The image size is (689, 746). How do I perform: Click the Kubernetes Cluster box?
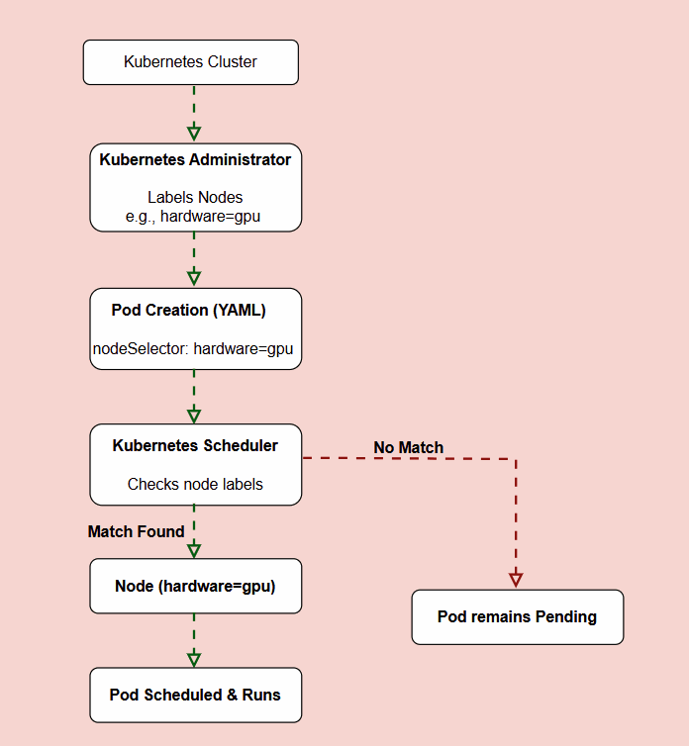point(191,62)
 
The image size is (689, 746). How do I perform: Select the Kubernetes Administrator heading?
point(195,160)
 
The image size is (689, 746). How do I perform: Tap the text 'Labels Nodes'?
point(195,197)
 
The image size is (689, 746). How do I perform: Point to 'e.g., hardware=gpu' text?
point(193,217)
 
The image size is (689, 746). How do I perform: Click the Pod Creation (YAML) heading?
point(188,311)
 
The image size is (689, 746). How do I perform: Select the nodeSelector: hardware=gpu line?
point(193,348)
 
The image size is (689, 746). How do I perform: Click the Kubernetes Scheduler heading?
point(195,446)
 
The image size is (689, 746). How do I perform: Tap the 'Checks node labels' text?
point(195,485)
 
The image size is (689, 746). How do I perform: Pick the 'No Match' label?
point(408,447)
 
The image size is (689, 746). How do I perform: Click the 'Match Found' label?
point(137,531)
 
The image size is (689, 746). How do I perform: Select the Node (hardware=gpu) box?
point(196,586)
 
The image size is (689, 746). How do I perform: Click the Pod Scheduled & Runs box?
point(196,696)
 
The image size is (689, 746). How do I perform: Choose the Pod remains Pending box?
point(518,617)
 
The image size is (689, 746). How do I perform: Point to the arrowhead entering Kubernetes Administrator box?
point(194,134)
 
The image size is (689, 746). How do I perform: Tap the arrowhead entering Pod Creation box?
point(194,278)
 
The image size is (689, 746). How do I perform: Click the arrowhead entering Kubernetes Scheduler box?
point(194,416)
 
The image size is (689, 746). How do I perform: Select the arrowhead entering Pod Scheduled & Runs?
point(194,659)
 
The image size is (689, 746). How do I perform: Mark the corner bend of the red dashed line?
point(516,459)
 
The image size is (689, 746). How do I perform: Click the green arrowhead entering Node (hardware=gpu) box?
point(194,550)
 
